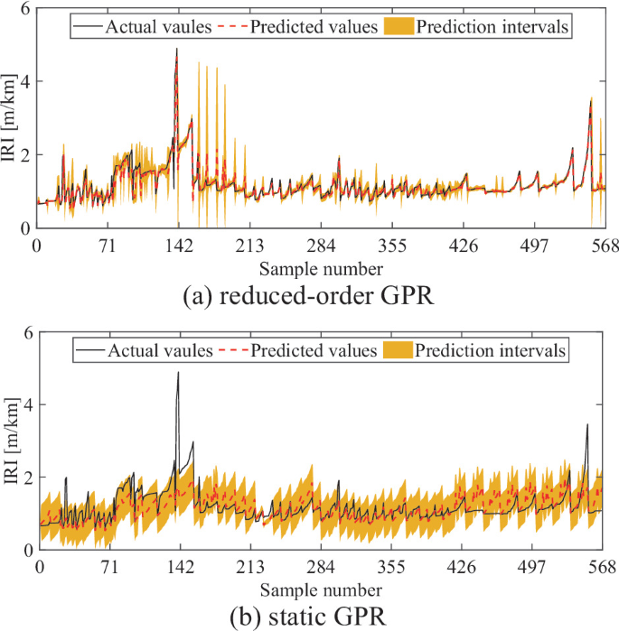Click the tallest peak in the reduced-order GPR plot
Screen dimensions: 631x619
pyautogui.click(x=176, y=50)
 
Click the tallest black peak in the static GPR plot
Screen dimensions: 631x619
pyautogui.click(x=178, y=373)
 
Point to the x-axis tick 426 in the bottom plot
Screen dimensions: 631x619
pyautogui.click(x=463, y=568)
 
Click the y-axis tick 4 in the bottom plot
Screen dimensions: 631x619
pyautogui.click(x=27, y=405)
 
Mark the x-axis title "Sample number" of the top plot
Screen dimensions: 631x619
pyautogui.click(x=321, y=268)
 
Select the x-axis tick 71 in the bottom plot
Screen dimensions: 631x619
pyautogui.click(x=110, y=568)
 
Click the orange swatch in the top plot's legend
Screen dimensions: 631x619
pyautogui.click(x=401, y=26)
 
